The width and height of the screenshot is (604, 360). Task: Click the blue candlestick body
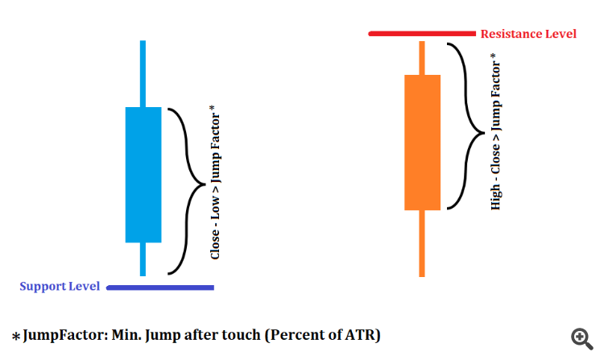tap(143, 174)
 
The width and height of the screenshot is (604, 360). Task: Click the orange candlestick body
tap(422, 142)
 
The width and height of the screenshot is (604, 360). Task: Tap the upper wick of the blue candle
tap(143, 72)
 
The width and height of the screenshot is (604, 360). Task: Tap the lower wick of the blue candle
tap(143, 259)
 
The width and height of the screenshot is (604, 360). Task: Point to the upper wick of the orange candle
tap(422, 58)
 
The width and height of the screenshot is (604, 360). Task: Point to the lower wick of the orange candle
tap(422, 243)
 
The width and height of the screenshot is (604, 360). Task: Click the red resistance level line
tap(422, 34)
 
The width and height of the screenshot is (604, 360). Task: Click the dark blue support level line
tap(160, 287)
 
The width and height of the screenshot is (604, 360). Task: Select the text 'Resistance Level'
tap(528, 34)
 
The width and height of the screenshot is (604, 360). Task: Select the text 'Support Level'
tap(60, 287)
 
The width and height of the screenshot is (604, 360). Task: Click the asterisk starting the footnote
tap(16, 336)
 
